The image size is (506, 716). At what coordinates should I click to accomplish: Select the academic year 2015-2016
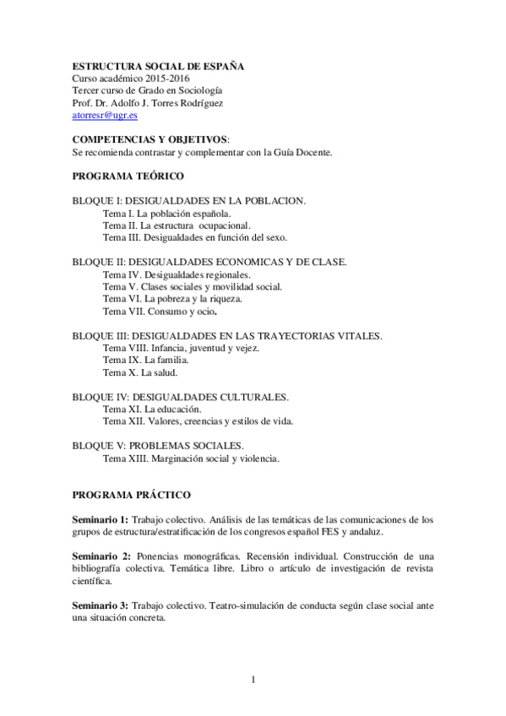[166, 79]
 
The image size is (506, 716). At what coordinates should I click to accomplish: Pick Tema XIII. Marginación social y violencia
[190, 459]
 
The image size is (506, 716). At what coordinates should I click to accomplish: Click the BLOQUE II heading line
[209, 263]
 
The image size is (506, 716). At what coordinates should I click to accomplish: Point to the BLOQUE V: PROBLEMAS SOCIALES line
[159, 446]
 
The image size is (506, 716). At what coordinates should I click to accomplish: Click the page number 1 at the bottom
[253, 678]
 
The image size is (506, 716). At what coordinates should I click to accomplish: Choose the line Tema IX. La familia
[139, 360]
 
